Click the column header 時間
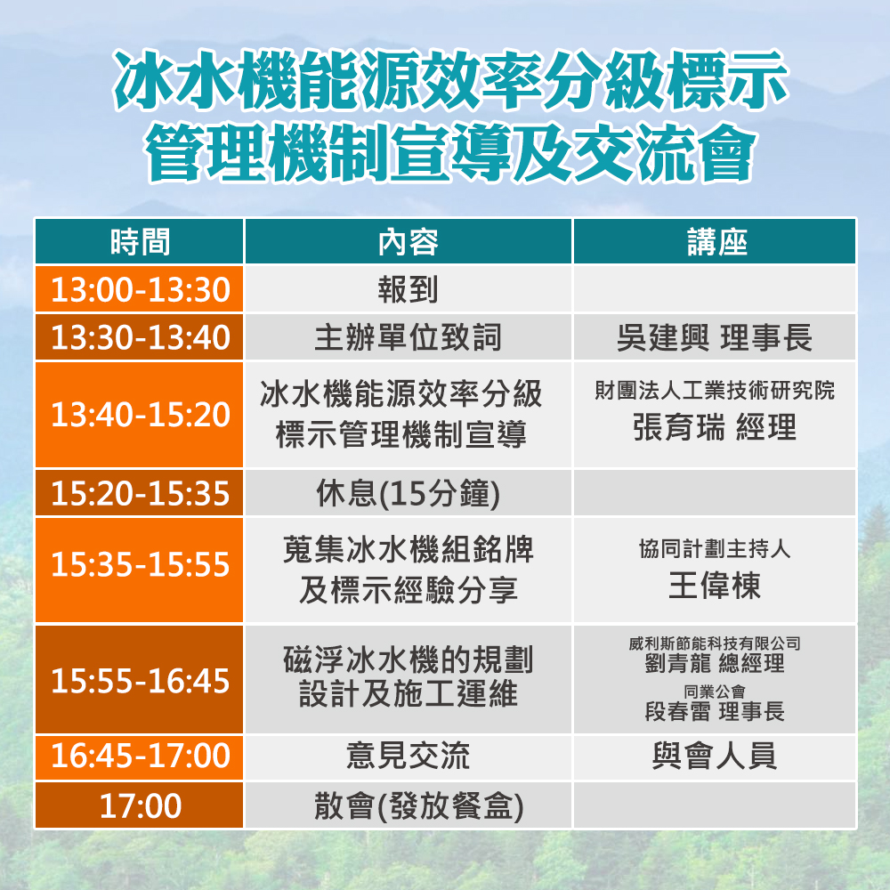[140, 242]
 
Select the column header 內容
[409, 242]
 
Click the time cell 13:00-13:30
[141, 289]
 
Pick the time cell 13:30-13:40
[141, 337]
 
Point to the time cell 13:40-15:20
[141, 415]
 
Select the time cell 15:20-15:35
[141, 493]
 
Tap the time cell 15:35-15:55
[141, 565]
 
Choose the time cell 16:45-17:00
[141, 756]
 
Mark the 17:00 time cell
[141, 805]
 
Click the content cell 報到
[409, 289]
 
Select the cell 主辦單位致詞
[409, 337]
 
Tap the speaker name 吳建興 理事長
[715, 337]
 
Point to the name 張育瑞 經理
[715, 427]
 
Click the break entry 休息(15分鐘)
[409, 493]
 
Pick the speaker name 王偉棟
[715, 586]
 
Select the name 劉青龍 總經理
[715, 663]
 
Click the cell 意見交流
[409, 756]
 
